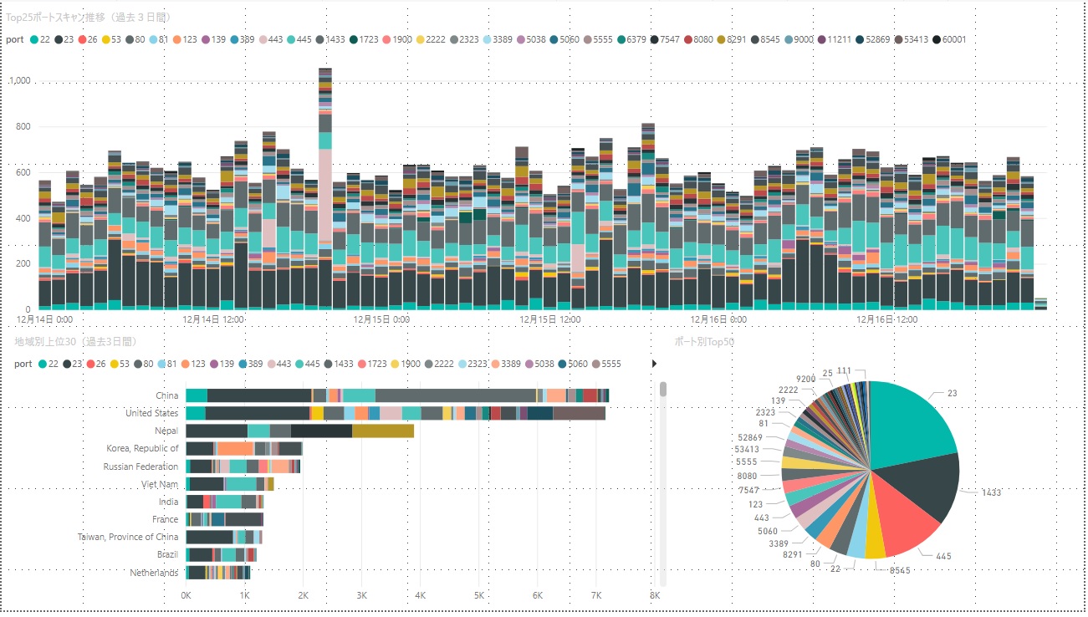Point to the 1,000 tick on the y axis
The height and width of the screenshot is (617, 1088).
(18, 82)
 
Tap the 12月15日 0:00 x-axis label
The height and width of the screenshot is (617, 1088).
(382, 319)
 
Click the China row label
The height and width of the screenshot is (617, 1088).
(166, 395)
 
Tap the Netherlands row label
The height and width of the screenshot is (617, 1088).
(154, 573)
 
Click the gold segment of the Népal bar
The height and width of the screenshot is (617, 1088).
(383, 431)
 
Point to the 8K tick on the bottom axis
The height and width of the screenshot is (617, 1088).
(655, 595)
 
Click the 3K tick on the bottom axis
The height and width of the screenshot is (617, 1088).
(361, 595)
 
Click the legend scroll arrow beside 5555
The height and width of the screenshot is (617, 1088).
(653, 364)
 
